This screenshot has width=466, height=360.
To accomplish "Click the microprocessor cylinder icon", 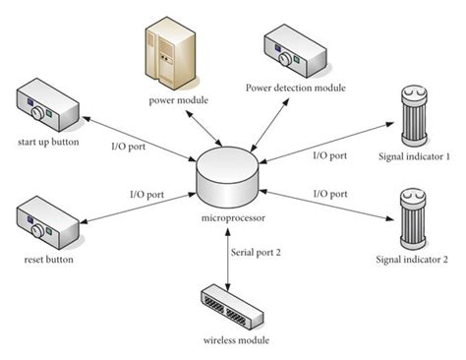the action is coord(228,177).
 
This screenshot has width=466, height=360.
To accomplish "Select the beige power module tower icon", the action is coord(171,54).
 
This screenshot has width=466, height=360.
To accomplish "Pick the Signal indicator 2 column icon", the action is coord(413,218).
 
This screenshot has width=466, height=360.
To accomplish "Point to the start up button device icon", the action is coord(47,105).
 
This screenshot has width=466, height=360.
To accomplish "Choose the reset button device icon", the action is coord(47,222).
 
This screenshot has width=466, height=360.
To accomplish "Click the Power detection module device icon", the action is coord(296,51).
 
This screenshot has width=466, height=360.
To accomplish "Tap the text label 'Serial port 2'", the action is coord(256,253).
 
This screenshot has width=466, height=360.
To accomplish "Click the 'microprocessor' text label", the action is coord(233,218).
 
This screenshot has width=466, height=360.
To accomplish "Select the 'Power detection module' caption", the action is coord(296,88).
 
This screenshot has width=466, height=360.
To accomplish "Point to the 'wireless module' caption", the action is coord(236,340).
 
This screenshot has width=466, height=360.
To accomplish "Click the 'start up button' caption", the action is coord(48,143).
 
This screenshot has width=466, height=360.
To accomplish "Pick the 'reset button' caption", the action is coord(48,260).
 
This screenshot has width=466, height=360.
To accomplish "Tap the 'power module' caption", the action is coord(179,100).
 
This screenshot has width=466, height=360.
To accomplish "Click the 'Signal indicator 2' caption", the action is coord(412,260).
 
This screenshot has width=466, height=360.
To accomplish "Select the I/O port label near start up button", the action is coord(128,147).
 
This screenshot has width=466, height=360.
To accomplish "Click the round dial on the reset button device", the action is coord(37,230).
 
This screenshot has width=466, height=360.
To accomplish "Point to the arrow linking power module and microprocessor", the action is coord(204,128).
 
